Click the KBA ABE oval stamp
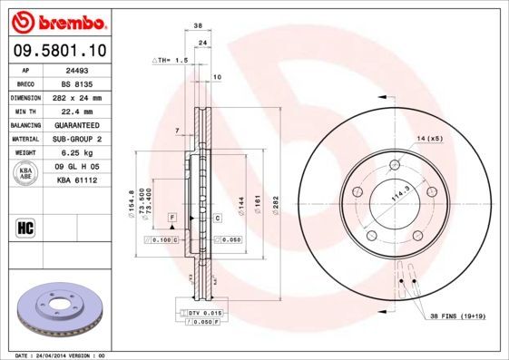(x=26, y=174)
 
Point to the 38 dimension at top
(x=197, y=26)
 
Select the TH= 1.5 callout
(x=169, y=60)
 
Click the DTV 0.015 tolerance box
(x=205, y=312)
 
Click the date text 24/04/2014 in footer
(x=69, y=355)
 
